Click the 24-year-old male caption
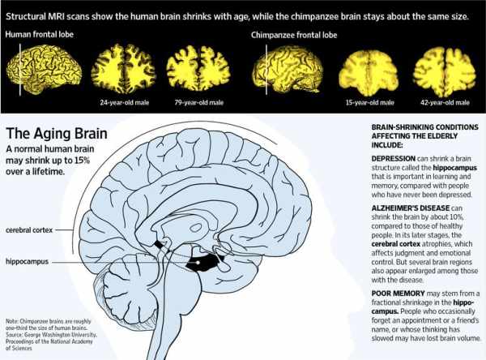125,102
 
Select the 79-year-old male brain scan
198,69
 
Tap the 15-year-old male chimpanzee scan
369,72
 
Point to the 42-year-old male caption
445,102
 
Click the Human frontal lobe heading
40,34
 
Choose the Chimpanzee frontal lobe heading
294,35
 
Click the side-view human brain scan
44,69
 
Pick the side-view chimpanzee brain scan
288,69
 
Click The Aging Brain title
57,134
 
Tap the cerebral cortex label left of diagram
29,230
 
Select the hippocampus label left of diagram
28,262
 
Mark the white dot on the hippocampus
198,263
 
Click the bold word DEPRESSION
394,159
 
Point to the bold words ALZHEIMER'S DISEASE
411,208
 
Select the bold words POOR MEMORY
398,294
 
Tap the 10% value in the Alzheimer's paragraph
455,217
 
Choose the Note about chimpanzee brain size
49,324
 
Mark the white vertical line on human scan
20,69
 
